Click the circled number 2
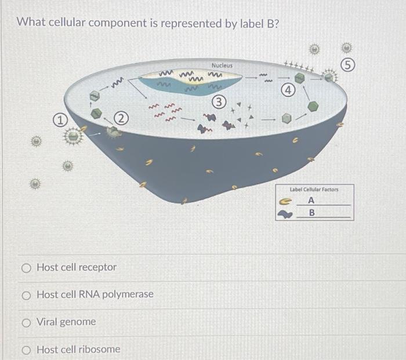pos(121,119)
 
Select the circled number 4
pos(287,90)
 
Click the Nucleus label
pos(222,66)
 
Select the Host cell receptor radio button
pos(26,268)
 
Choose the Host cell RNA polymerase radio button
pos(26,294)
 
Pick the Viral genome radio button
pos(26,322)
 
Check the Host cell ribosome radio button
pos(26,349)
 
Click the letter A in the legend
pos(311,200)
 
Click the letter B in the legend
pos(311,213)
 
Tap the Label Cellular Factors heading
pos(314,190)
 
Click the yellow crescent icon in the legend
pos(284,201)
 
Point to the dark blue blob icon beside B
pos(285,214)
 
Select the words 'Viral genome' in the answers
pos(66,322)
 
